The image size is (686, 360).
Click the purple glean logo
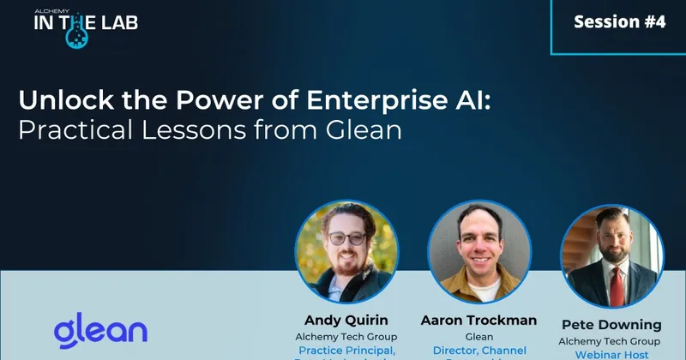tap(100, 330)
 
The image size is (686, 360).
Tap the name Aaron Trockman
tap(478, 320)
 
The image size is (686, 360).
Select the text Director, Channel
tap(478, 351)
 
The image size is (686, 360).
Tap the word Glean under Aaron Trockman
tap(478, 337)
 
